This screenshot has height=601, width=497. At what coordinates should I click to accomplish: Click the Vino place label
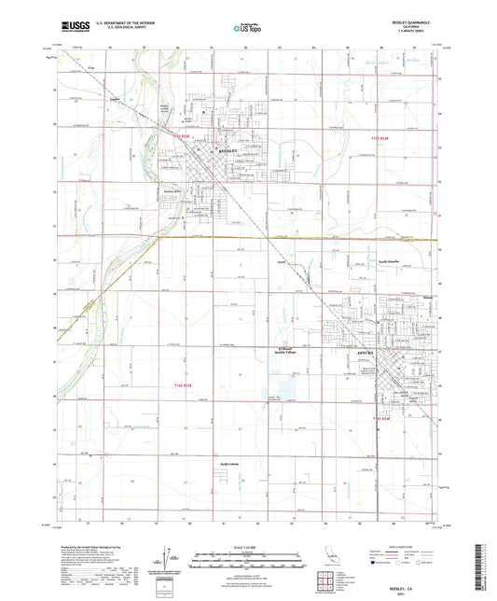(x=90, y=68)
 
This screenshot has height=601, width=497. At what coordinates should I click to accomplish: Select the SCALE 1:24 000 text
(x=247, y=547)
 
